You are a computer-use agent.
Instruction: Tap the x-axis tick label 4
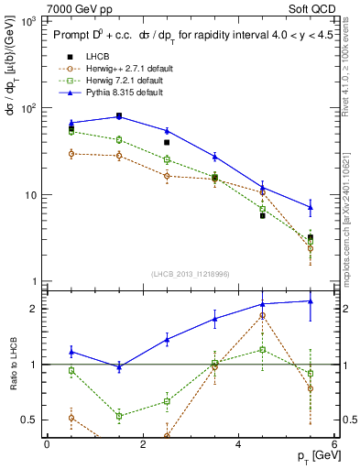click(238, 444)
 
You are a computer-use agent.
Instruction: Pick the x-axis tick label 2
click(142, 444)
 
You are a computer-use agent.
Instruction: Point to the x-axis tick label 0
click(47, 444)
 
